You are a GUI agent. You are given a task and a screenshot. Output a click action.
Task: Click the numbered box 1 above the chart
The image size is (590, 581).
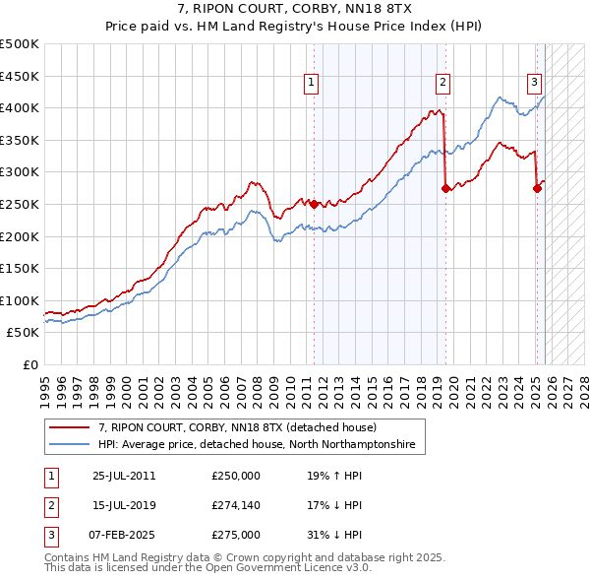click(311, 84)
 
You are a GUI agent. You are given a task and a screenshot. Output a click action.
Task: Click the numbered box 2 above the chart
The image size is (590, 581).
click(443, 84)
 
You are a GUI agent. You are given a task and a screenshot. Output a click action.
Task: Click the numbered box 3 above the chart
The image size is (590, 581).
click(534, 84)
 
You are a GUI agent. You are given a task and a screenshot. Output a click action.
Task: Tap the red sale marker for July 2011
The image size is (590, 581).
click(315, 204)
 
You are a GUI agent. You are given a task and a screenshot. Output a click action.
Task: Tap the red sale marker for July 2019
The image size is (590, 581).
click(446, 189)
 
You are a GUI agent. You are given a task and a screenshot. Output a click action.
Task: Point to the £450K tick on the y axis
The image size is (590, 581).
click(20, 76)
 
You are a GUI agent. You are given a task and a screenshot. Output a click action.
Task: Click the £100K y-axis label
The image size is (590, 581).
click(20, 300)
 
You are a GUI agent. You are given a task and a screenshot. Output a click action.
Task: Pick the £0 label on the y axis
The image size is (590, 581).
click(29, 364)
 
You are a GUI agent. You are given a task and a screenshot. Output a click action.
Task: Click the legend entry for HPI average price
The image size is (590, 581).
click(258, 445)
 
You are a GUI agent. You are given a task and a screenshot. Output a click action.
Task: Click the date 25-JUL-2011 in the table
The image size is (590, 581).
click(124, 475)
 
